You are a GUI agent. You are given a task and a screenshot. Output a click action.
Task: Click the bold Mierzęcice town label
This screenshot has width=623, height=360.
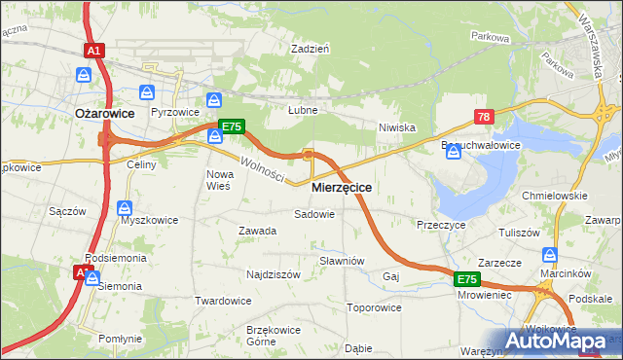(341, 186)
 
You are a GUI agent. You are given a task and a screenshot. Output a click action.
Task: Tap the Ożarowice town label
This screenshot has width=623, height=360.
(104, 114)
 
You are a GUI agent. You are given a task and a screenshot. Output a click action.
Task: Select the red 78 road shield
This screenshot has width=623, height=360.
(484, 117)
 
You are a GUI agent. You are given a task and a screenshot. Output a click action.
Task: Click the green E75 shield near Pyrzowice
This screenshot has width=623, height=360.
(231, 126)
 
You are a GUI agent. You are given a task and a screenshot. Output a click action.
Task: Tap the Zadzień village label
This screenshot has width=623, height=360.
(311, 48)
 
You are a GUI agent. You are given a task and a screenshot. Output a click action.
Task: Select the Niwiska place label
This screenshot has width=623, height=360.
(397, 127)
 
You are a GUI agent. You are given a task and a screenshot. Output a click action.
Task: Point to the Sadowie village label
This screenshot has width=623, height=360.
(314, 213)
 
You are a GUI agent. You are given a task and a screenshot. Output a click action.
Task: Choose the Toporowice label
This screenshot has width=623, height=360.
(374, 307)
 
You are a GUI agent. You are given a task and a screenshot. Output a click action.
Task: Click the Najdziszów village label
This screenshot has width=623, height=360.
(274, 275)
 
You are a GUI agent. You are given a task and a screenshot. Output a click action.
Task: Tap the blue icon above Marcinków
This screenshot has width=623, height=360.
(551, 256)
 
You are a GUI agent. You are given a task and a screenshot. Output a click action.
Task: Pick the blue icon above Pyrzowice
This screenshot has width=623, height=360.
(147, 92)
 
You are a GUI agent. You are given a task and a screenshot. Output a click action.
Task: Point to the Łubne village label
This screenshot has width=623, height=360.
(303, 110)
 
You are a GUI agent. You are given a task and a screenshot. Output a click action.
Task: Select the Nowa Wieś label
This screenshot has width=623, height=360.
(218, 179)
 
